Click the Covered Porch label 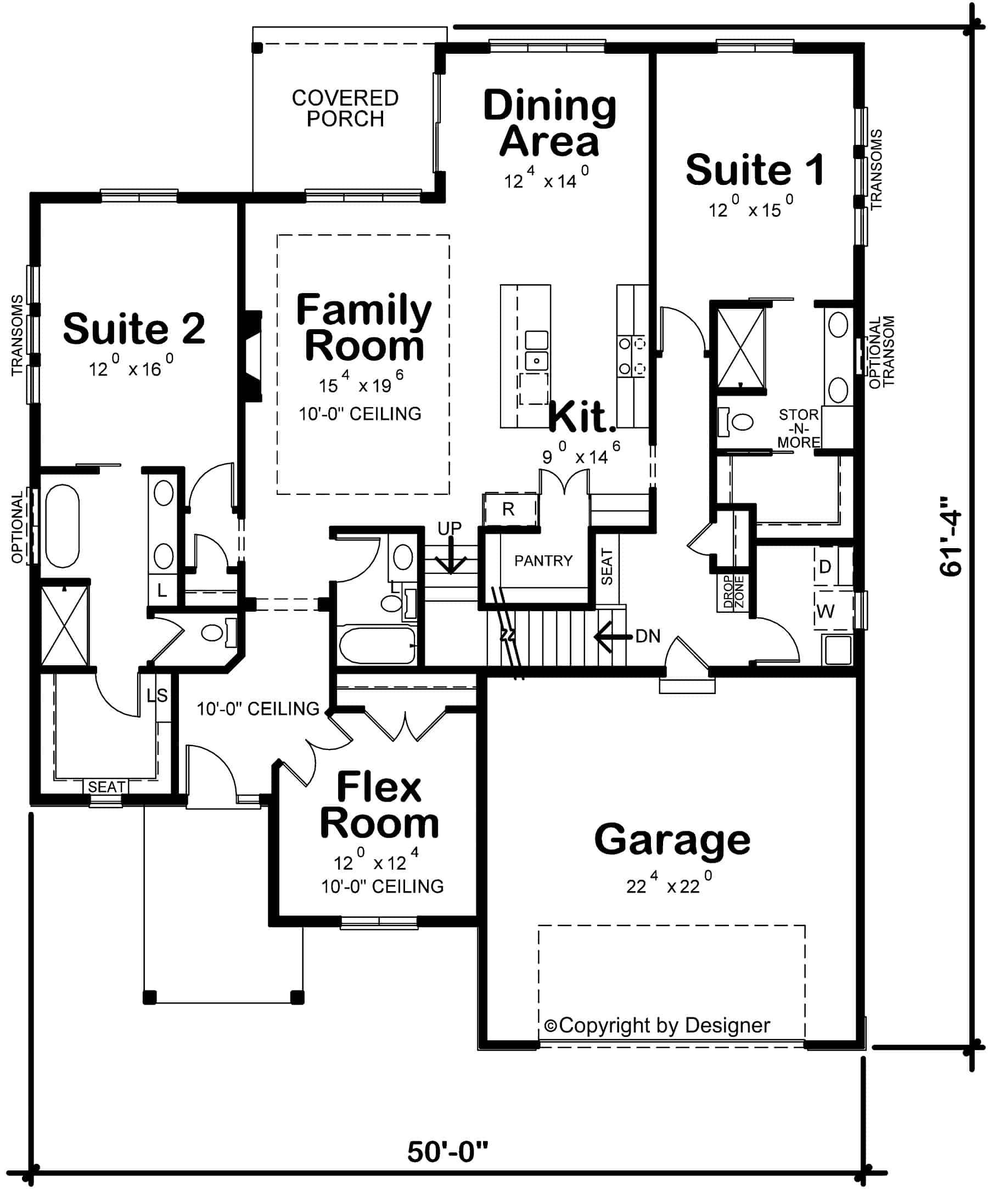[x=345, y=108]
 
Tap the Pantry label [x=543, y=561]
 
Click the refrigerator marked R [x=508, y=510]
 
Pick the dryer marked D [x=825, y=566]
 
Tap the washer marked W [x=826, y=611]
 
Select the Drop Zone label [x=734, y=592]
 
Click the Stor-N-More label [x=798, y=429]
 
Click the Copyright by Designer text [x=657, y=1025]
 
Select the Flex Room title [x=379, y=804]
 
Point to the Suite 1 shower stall [x=741, y=348]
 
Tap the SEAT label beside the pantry [x=607, y=567]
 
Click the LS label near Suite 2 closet [x=158, y=695]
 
